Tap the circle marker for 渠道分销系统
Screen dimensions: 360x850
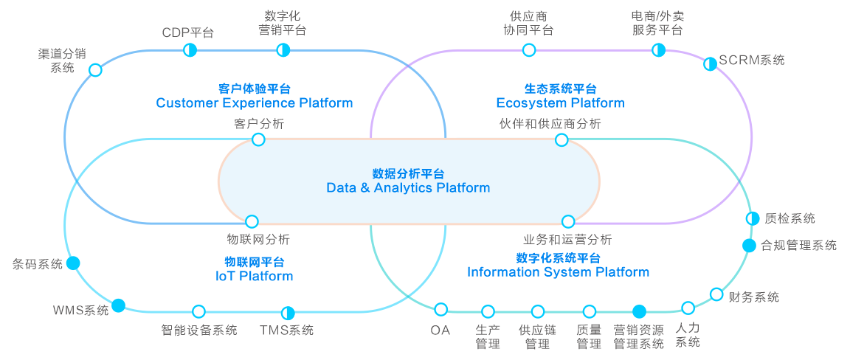coord(95,70)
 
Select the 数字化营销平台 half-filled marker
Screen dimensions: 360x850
coord(283,50)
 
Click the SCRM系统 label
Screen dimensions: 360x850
coord(752,60)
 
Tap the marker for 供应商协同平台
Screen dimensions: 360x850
coord(529,50)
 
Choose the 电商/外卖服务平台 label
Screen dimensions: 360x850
coord(657,23)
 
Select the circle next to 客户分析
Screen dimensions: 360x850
coord(258,139)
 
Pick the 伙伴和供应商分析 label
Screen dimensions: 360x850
coord(550,123)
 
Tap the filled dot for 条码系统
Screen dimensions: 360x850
coord(73,263)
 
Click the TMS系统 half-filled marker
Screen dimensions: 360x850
coord(288,312)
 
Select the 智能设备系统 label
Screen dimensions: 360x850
coord(199,330)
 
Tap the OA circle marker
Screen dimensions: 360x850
coord(441,309)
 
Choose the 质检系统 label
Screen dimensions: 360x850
coord(789,218)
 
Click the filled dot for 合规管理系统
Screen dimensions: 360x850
coord(749,246)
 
